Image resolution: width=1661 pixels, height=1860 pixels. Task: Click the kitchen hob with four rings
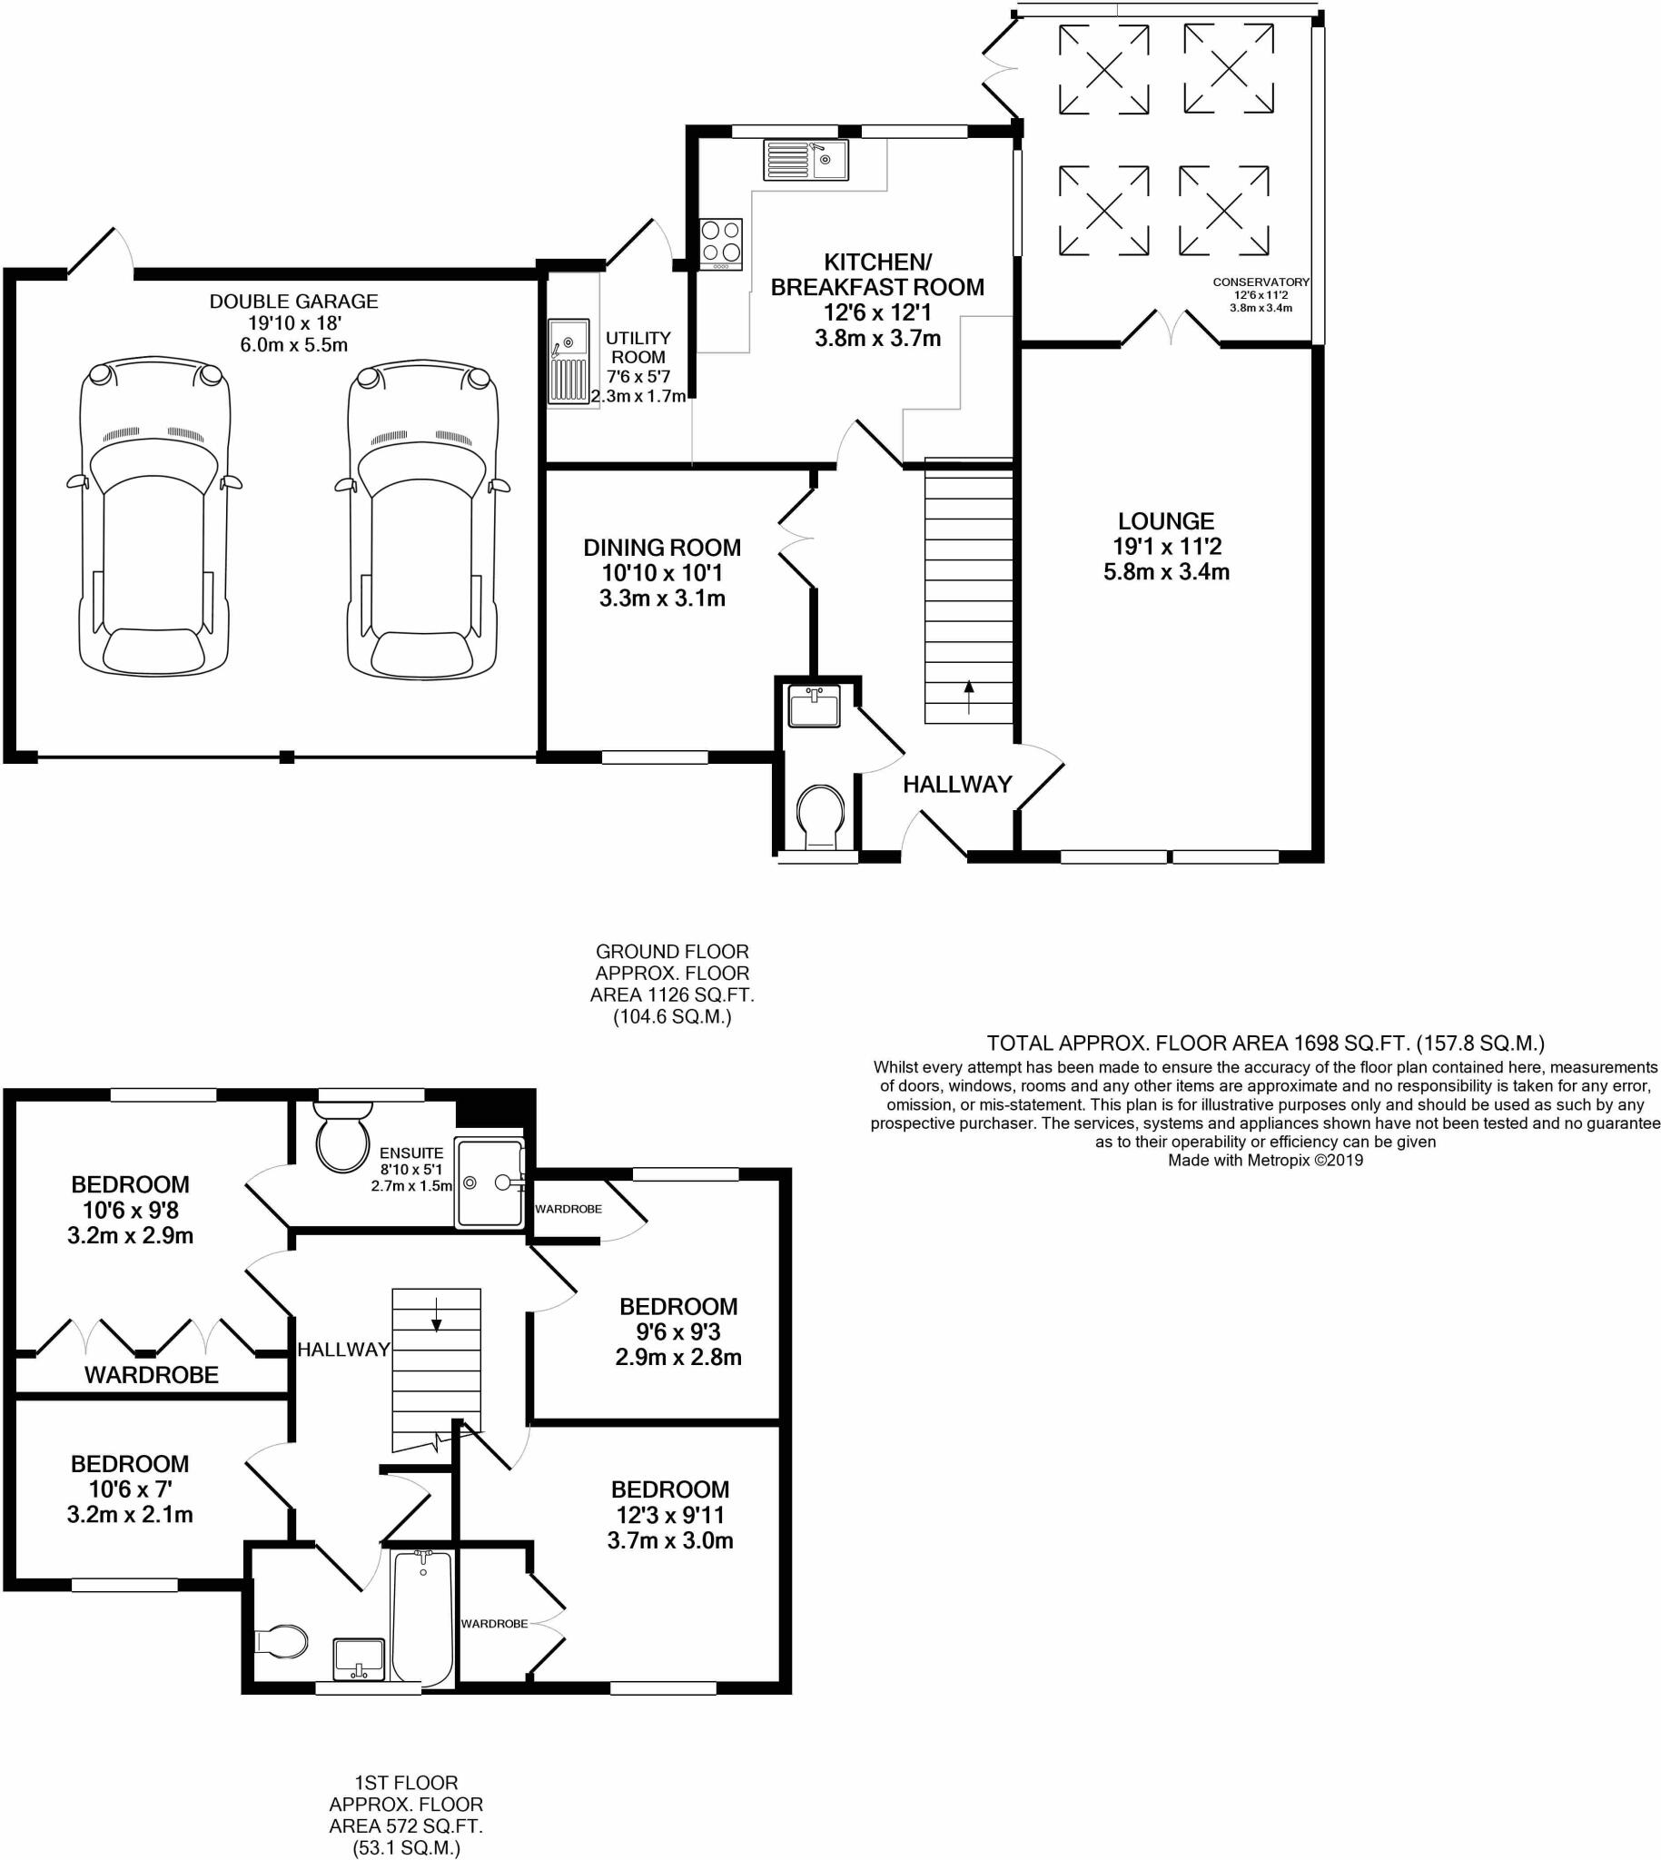click(721, 242)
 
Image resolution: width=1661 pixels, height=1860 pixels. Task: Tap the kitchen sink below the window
click(805, 160)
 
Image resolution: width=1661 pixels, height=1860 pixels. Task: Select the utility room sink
click(568, 361)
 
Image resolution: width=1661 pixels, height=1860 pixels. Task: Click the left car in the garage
click(153, 520)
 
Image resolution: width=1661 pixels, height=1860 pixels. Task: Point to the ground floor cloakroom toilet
click(820, 815)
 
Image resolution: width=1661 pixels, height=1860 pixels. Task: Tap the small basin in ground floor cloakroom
click(813, 707)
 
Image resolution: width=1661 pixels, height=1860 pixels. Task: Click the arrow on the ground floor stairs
click(968, 697)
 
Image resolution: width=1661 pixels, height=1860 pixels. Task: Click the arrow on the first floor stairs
click(436, 1313)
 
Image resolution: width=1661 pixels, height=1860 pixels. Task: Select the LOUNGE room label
click(1165, 521)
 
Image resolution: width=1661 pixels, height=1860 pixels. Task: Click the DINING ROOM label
click(662, 548)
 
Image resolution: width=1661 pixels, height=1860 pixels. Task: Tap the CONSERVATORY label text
click(1261, 282)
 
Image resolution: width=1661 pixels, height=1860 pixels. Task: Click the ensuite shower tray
click(490, 1182)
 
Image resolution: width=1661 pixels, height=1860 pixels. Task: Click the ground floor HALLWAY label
click(956, 784)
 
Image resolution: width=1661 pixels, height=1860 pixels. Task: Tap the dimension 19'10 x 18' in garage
click(294, 323)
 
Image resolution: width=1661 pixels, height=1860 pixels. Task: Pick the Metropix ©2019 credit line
click(1265, 1160)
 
